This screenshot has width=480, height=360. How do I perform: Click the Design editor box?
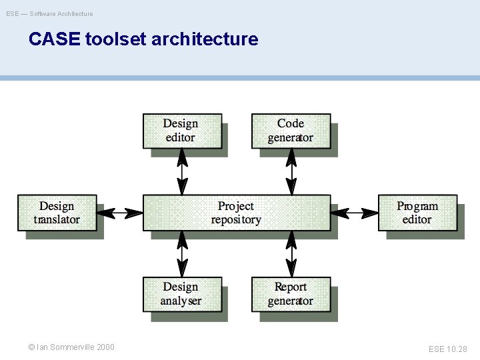pyautogui.click(x=181, y=131)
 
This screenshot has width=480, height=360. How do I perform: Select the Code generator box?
pyautogui.click(x=290, y=131)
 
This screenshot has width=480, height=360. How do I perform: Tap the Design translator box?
pyautogui.click(x=57, y=213)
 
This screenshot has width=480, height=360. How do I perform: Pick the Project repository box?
pyautogui.click(x=236, y=213)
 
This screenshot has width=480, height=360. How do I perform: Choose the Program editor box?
pyautogui.click(x=417, y=213)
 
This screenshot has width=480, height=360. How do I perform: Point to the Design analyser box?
pyautogui.click(x=181, y=294)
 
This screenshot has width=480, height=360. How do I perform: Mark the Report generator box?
pyautogui.click(x=290, y=294)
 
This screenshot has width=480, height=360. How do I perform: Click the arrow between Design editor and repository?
pyautogui.click(x=181, y=171)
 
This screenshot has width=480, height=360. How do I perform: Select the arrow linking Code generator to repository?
pyautogui.click(x=291, y=171)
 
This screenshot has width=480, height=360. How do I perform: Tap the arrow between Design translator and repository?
pyautogui.click(x=120, y=213)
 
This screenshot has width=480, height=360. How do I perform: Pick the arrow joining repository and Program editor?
pyautogui.click(x=354, y=213)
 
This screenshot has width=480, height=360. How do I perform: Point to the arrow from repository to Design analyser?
pyautogui.click(x=181, y=253)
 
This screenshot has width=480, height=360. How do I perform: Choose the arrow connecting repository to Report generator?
pyautogui.click(x=291, y=253)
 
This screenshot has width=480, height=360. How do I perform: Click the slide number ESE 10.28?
pyautogui.click(x=448, y=349)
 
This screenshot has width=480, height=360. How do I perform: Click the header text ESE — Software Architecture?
pyautogui.click(x=50, y=13)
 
